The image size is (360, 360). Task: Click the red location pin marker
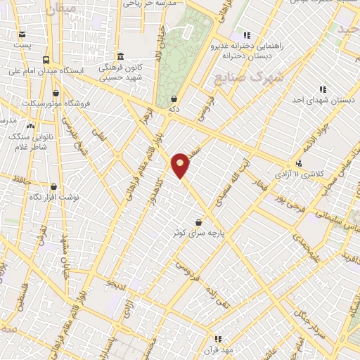[181, 165]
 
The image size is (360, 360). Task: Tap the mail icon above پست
[22, 34]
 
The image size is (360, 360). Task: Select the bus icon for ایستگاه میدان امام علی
[46, 60]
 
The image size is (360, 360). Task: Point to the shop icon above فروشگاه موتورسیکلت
[56, 92]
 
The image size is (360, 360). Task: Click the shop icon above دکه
[173, 98]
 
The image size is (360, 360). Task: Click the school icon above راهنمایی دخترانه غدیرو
[246, 34]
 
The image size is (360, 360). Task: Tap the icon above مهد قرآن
[218, 339]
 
